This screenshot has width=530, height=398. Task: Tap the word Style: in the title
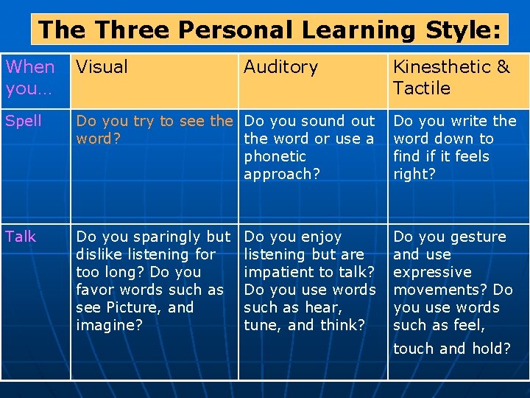462,30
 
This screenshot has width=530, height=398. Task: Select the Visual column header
102,67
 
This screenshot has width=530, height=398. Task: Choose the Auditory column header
280,67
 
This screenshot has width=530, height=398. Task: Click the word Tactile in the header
422,88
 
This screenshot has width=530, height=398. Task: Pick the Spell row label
24,121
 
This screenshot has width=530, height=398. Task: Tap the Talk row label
21,237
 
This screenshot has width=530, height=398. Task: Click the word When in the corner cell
30,67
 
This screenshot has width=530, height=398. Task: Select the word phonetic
275,156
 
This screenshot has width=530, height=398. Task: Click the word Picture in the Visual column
135,307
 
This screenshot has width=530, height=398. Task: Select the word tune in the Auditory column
261,325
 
